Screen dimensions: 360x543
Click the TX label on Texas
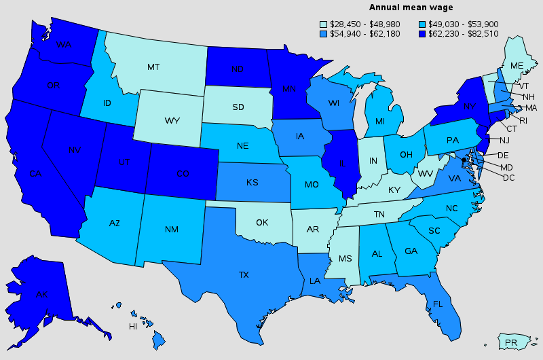pyautogui.click(x=243, y=275)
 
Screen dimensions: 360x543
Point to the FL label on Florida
pyautogui.click(x=438, y=304)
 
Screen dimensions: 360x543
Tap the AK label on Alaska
pyautogui.click(x=42, y=295)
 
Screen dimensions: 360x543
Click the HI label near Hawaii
pyautogui.click(x=133, y=327)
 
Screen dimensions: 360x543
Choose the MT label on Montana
pyautogui.click(x=153, y=67)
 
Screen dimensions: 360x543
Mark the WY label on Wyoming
pyautogui.click(x=171, y=121)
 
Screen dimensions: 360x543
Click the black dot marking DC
pyautogui.click(x=464, y=160)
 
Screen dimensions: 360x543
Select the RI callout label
pyautogui.click(x=523, y=120)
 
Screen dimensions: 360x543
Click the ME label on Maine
pyautogui.click(x=517, y=65)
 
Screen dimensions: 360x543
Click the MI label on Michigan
pyautogui.click(x=380, y=121)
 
